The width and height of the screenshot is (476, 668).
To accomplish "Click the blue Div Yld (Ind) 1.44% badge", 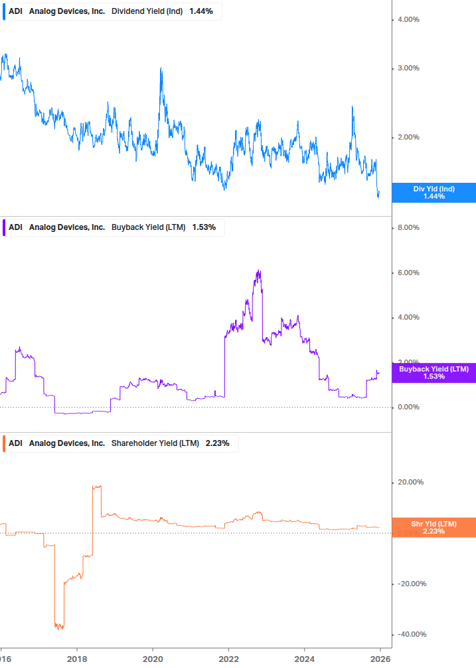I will coord(434,193).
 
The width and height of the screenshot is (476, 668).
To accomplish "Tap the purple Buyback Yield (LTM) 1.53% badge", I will coord(434,372).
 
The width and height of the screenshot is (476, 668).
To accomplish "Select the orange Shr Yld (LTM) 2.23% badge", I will coord(434,527).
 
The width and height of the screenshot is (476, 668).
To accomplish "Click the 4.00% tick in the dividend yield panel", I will coord(408,20).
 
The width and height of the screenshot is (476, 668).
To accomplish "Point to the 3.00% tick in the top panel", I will coord(408,68).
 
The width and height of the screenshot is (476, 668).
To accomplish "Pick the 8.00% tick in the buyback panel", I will coord(408,228).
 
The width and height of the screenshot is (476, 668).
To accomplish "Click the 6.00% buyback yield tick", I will coord(408,273).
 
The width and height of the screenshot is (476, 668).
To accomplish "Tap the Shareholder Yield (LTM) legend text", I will coord(155,443).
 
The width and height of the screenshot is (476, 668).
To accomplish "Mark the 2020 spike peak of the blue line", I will coord(161,68).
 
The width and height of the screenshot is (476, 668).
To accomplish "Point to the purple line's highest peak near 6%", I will coord(259,271).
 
